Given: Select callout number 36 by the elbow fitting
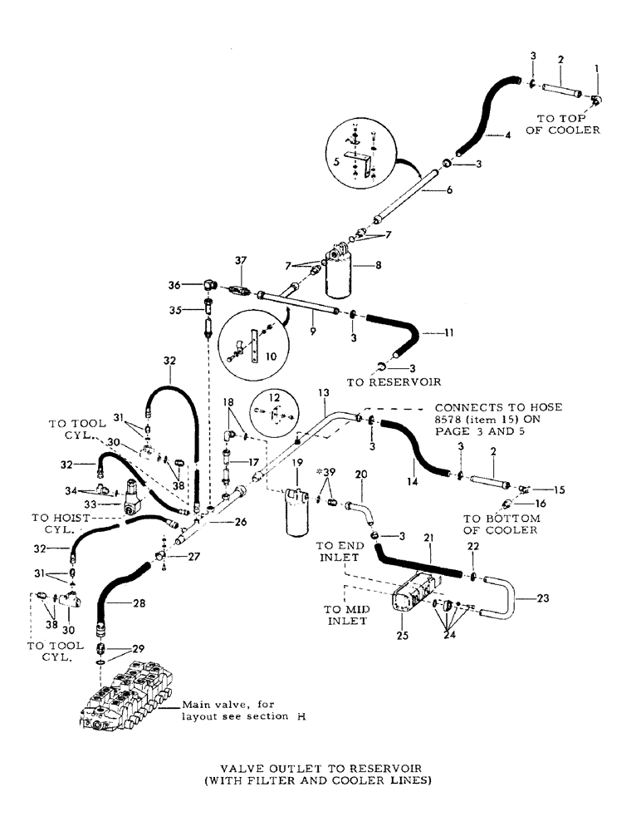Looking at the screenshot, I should click(198, 283).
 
